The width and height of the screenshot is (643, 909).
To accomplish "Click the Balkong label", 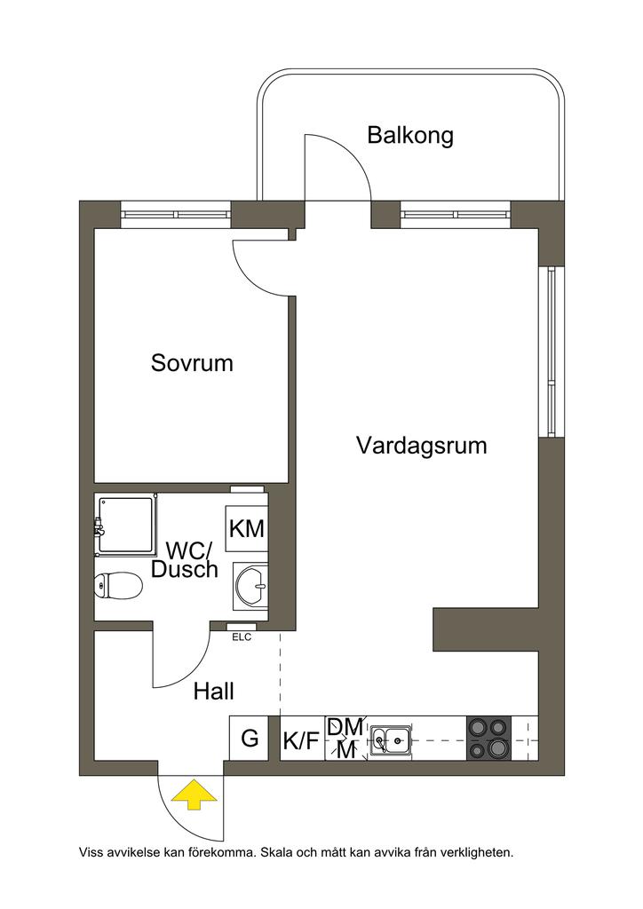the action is (410, 136).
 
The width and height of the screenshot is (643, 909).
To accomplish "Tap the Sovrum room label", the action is (192, 363).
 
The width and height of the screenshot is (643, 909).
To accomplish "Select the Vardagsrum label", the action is (422, 445).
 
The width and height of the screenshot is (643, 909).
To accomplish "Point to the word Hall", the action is (214, 691).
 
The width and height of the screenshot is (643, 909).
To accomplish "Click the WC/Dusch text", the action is (184, 560).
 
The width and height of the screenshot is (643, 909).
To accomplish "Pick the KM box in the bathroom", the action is (247, 529).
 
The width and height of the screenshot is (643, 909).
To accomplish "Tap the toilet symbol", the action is (118, 585).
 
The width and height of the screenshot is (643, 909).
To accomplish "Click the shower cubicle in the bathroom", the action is (126, 526).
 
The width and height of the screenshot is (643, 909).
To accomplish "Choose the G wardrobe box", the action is (250, 738).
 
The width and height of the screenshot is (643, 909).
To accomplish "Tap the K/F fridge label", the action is (301, 740).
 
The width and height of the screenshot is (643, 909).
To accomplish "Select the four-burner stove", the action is (488, 739).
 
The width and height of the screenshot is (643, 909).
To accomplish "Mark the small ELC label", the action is (242, 636).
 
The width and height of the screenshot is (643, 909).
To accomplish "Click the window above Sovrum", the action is (176, 214).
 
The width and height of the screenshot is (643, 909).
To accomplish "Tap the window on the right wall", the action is (552, 351).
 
